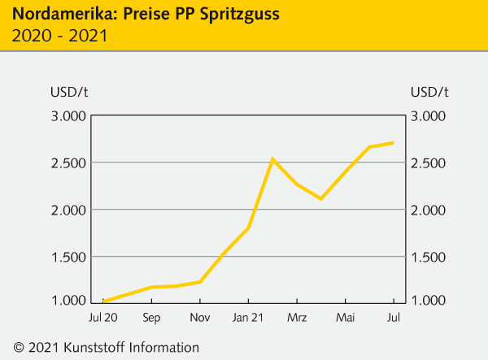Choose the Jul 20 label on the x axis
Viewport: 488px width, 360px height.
pyautogui.click(x=103, y=316)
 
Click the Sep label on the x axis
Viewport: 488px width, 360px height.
pyautogui.click(x=151, y=316)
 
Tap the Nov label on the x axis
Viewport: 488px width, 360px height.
pyautogui.click(x=199, y=316)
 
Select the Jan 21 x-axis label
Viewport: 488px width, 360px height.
pyautogui.click(x=248, y=316)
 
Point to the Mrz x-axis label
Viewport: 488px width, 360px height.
pyautogui.click(x=297, y=316)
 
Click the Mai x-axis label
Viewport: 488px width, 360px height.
pyautogui.click(x=346, y=316)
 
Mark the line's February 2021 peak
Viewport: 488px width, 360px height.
pyautogui.click(x=272, y=158)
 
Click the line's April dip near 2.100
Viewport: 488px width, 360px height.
pyautogui.click(x=321, y=198)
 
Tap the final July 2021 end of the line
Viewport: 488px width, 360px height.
pyautogui.click(x=394, y=143)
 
